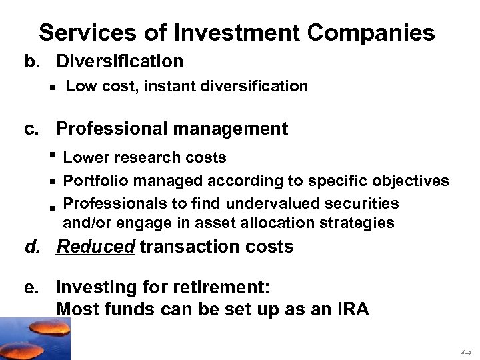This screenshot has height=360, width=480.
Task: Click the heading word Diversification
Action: (x=119, y=61)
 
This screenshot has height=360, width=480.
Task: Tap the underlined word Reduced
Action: (x=96, y=247)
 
